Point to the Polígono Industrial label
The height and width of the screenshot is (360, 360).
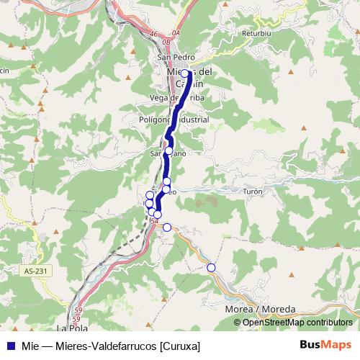174,120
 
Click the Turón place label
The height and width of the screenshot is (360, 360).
253,192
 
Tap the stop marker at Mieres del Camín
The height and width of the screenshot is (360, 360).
184,73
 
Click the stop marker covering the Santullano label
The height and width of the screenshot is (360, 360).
168,151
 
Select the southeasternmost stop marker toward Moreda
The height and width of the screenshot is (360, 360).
211,268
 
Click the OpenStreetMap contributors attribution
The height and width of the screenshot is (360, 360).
297,323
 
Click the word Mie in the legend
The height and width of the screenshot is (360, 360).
30,346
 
